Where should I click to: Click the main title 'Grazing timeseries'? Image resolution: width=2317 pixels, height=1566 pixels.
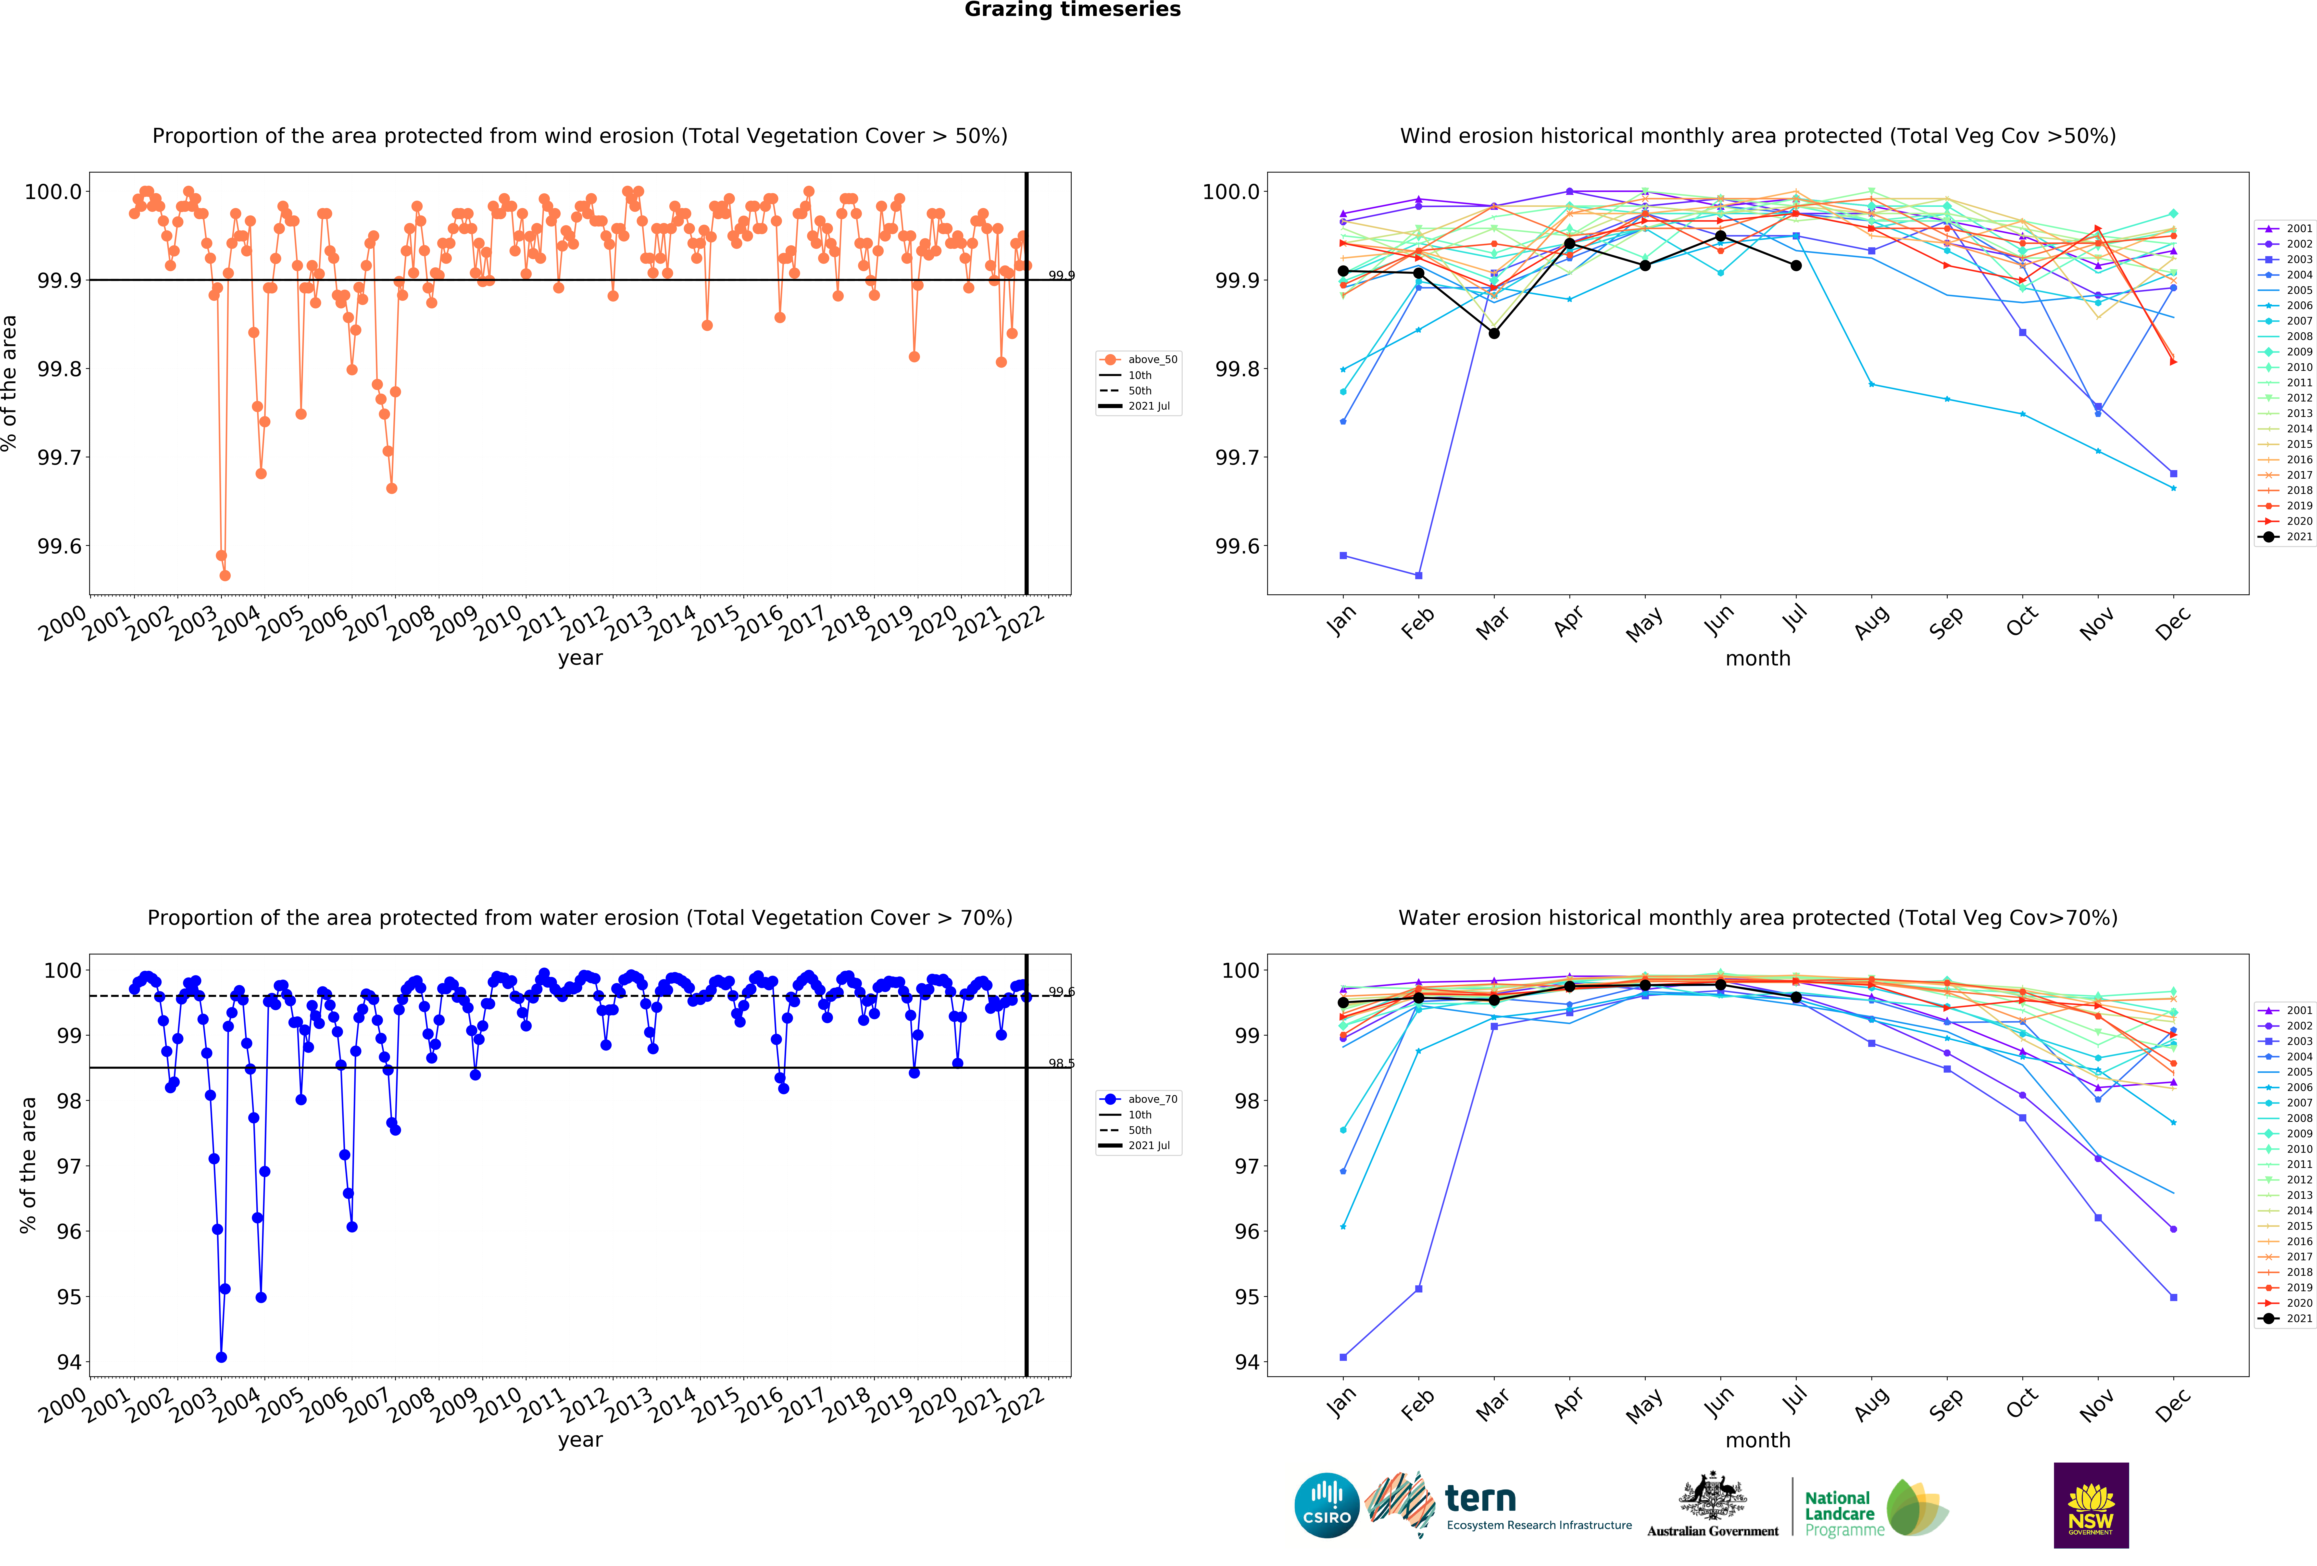point(1072,10)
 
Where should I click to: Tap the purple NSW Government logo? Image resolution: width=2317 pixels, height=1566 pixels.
point(2091,1505)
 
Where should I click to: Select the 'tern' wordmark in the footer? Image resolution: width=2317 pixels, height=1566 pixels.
point(1480,1498)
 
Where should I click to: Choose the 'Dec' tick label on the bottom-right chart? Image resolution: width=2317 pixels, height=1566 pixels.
point(2173,1403)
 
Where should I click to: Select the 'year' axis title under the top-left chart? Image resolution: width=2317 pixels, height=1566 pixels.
point(580,658)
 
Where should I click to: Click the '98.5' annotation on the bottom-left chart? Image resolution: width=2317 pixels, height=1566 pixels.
point(1061,1064)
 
